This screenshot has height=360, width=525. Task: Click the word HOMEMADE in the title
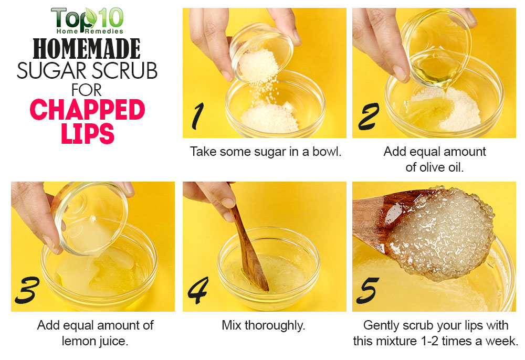pos(87,49)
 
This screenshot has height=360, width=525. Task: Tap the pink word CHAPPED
pos(87,110)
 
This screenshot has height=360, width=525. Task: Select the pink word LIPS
pos(88,133)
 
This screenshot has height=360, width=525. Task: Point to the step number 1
pos(197,116)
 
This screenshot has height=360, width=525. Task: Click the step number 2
pos(369,116)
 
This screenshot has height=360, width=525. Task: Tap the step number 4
pos(198,290)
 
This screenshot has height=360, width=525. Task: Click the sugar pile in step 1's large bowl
pos(269,118)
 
